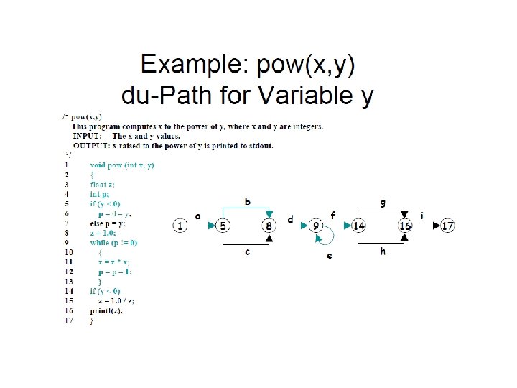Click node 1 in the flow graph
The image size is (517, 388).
tap(180, 226)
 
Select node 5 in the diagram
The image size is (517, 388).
tap(224, 226)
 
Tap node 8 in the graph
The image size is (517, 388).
tap(269, 226)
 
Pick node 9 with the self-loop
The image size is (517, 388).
tap(317, 226)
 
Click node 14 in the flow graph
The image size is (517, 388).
tap(359, 226)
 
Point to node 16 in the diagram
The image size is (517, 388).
tap(406, 226)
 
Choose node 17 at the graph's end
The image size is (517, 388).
tap(448, 226)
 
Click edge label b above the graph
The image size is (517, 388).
tap(247, 203)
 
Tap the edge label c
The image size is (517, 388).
tap(247, 251)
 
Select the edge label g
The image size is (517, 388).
tap(382, 203)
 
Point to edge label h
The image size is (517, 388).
tap(382, 251)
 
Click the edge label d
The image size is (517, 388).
tap(290, 219)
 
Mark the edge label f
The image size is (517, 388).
tap(332, 215)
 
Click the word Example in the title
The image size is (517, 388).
tap(190, 66)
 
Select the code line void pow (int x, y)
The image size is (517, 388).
tap(122, 165)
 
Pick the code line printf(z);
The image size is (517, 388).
tap(106, 310)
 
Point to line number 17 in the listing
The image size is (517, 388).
tap(68, 320)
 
